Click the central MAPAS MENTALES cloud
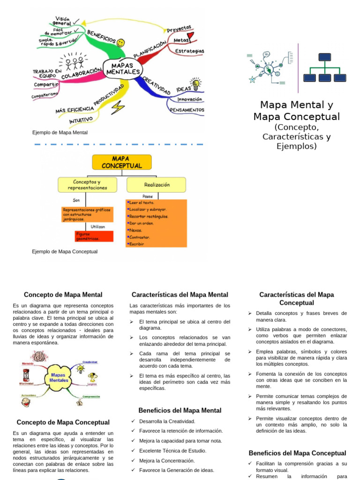coord(123,68)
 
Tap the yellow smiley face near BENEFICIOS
coord(121,43)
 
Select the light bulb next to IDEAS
coord(196,84)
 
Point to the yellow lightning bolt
coord(118,107)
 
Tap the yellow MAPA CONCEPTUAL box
coord(121,162)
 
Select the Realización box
coord(156,185)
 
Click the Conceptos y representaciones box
coord(87,185)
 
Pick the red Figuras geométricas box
coord(94,236)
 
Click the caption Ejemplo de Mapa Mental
coord(60,133)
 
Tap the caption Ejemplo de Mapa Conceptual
coord(65,252)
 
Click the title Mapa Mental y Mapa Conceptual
coord(296,111)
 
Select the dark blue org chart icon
coord(325,67)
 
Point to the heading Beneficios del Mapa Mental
coord(180,411)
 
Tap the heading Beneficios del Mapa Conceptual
coord(297,453)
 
